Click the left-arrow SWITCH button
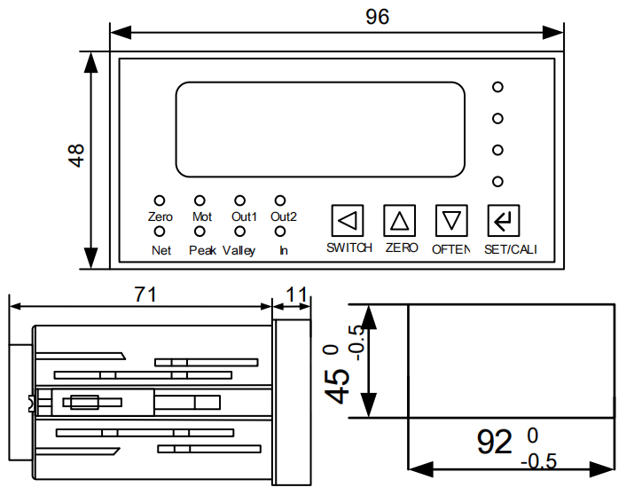point(348,219)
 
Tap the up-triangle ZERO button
point(400,219)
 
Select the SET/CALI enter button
point(504,219)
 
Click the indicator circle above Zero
point(160,201)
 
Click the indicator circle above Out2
point(280,201)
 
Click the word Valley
point(239,250)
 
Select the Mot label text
point(201,216)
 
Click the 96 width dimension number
point(377,16)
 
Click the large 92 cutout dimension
point(495,441)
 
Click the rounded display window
point(320,130)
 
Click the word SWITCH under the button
point(348,248)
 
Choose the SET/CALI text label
point(510,249)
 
